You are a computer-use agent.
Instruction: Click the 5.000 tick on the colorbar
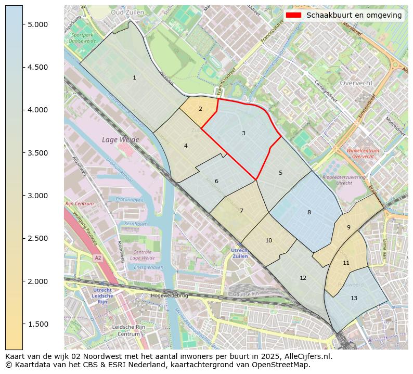(36, 24)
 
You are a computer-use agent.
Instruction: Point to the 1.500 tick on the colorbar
(36, 324)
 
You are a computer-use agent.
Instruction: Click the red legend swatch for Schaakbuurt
(293, 15)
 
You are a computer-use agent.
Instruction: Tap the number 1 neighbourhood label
(134, 78)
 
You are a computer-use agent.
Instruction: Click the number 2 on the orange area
(200, 109)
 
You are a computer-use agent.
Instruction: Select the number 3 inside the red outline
(243, 134)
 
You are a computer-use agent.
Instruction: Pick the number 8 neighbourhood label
(309, 212)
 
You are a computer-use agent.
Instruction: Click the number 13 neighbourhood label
(354, 298)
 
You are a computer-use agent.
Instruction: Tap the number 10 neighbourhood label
(268, 240)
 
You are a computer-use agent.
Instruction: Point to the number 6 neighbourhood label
(216, 181)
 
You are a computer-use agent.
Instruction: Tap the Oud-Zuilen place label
(127, 11)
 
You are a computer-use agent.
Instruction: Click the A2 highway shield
(97, 257)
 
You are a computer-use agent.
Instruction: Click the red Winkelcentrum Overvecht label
(363, 153)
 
